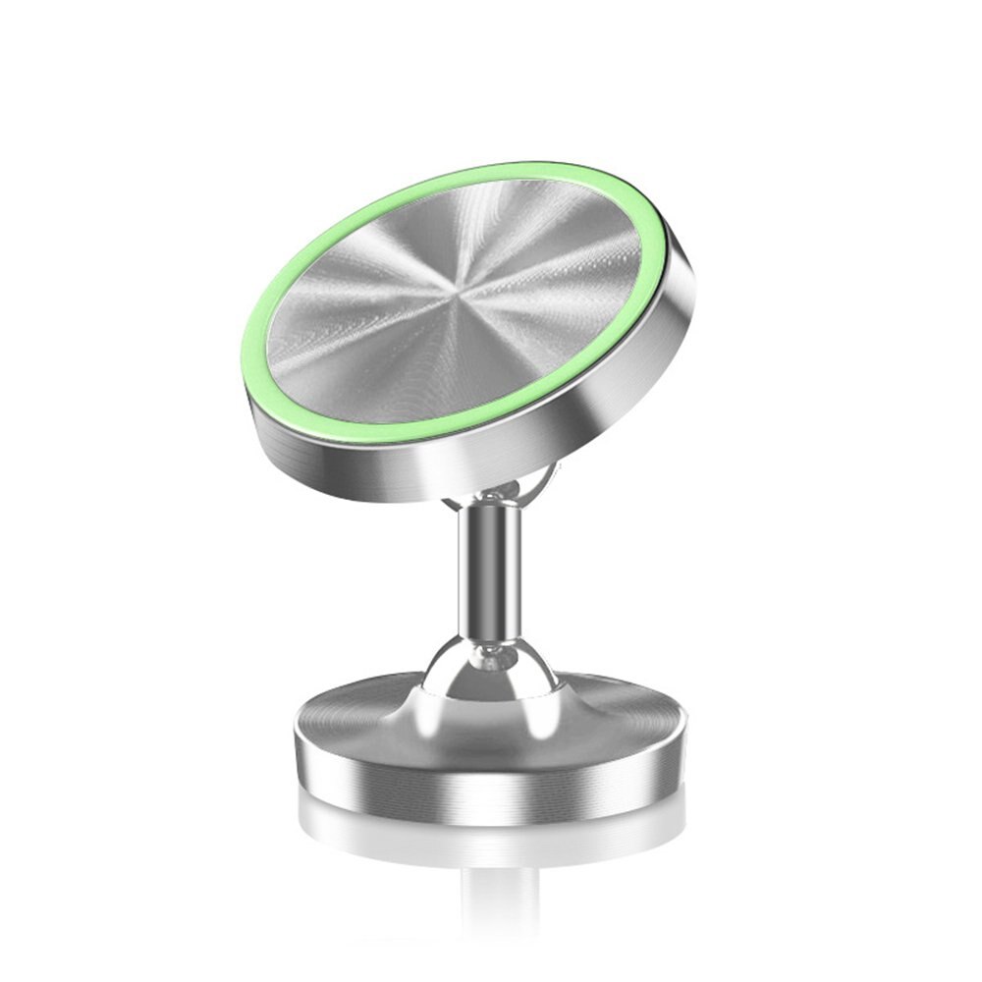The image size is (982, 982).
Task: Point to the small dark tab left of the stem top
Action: (x=454, y=503)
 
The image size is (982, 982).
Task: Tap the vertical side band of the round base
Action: (x=491, y=776)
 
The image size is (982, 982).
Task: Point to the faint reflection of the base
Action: (x=491, y=835)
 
